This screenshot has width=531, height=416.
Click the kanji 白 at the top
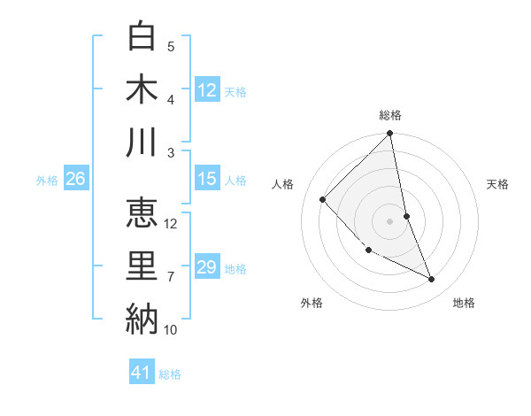click(x=142, y=36)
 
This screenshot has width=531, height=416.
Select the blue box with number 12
click(x=206, y=89)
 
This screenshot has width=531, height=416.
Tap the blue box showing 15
click(x=206, y=179)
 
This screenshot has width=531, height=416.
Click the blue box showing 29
click(x=206, y=267)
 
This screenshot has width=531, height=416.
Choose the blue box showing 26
click(x=75, y=179)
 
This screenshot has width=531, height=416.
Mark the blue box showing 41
click(x=142, y=373)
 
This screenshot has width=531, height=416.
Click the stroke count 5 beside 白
click(x=171, y=46)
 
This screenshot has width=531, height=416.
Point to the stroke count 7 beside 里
click(x=171, y=277)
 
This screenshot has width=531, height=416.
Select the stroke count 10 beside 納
click(x=171, y=330)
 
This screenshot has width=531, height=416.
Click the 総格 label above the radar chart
click(x=390, y=115)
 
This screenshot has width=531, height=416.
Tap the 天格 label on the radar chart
click(x=498, y=184)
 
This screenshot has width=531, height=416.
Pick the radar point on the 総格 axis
click(x=390, y=135)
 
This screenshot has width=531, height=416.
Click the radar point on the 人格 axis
click(x=323, y=199)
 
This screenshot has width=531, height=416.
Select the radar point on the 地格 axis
click(x=431, y=279)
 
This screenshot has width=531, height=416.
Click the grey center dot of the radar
click(x=390, y=220)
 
